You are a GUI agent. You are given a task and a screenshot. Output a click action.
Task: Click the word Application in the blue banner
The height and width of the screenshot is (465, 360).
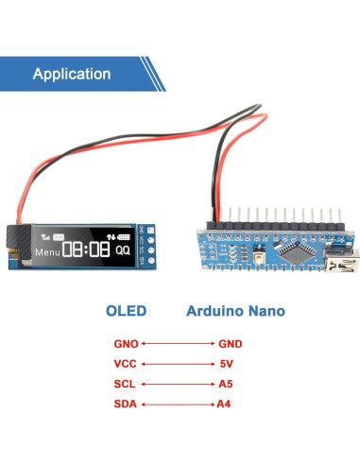72,74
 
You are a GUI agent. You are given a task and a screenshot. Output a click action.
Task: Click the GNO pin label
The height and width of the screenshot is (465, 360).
127,345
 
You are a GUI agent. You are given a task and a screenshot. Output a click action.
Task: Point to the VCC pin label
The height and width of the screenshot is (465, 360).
127,365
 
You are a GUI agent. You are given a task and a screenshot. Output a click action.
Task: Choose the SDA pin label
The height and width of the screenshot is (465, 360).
127,405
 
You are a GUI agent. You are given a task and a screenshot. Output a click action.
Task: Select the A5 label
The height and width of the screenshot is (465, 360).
225,385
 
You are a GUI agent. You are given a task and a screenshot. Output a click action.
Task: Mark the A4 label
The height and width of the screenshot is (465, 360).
225,405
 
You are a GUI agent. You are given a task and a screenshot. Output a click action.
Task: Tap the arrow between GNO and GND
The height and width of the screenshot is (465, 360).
178,345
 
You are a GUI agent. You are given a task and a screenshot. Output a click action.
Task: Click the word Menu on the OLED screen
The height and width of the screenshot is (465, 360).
46,253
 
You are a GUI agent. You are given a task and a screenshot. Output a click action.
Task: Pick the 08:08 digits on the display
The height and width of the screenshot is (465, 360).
85,250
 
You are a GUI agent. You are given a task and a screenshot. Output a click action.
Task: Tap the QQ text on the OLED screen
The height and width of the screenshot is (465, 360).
123,251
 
